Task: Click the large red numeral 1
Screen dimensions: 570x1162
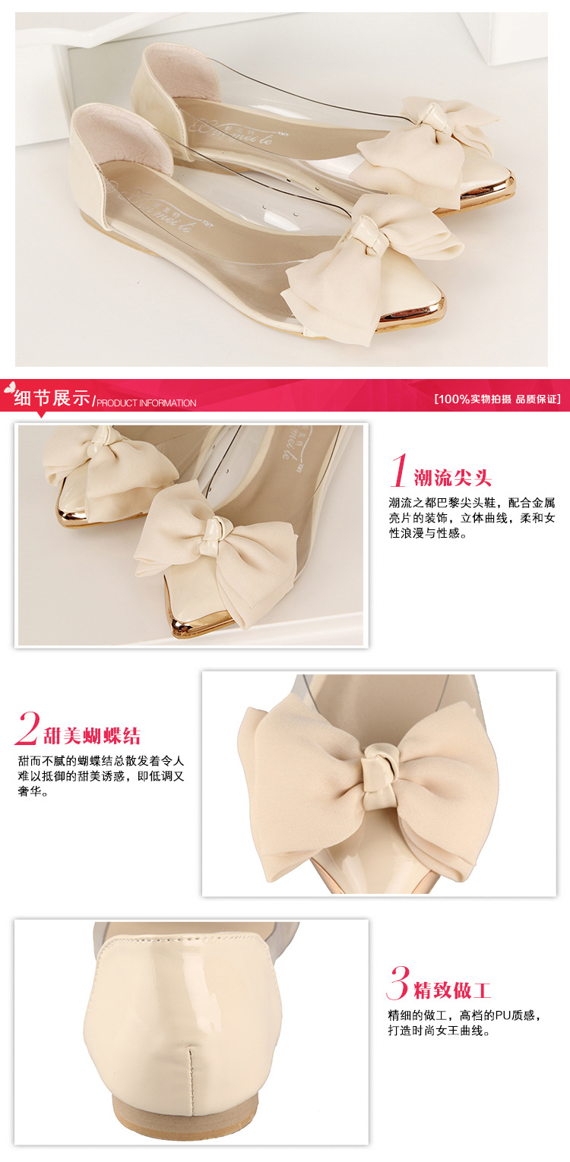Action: tap(398, 470)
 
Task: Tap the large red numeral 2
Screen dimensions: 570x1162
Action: tap(27, 728)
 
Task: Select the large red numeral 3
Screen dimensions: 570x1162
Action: tap(398, 983)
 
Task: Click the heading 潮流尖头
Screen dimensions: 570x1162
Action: tap(452, 477)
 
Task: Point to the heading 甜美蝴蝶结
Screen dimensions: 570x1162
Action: tap(92, 735)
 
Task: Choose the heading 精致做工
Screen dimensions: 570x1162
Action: tap(452, 990)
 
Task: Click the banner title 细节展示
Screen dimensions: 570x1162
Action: tap(52, 398)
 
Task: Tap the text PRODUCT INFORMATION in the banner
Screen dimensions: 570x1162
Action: tap(147, 403)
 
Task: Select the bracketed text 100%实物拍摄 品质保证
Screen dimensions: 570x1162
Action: tap(497, 399)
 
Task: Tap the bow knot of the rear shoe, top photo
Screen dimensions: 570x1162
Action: tap(433, 121)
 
